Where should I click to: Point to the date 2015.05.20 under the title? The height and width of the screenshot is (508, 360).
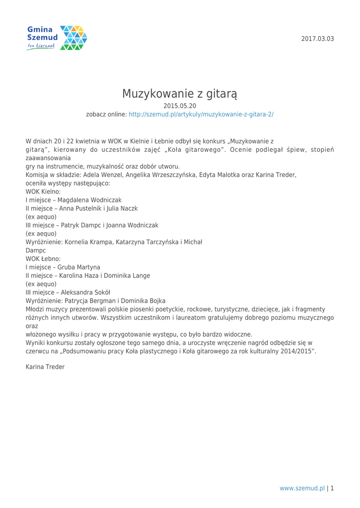coord(180,105)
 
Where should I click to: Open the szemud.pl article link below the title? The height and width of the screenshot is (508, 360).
coord(201,114)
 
